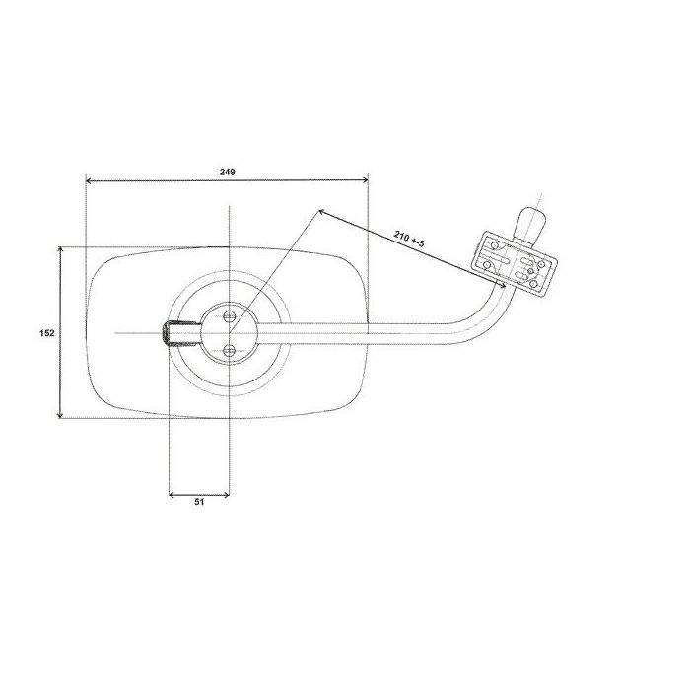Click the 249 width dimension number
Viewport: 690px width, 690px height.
click(228, 172)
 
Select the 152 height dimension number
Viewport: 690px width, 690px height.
click(47, 333)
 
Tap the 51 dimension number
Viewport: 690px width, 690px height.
click(199, 501)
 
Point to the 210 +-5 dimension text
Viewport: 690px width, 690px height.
click(409, 239)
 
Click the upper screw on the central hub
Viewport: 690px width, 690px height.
click(230, 316)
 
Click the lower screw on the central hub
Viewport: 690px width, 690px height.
click(230, 350)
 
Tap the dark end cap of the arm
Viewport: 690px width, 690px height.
click(166, 333)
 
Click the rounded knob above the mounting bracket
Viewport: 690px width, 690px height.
click(531, 225)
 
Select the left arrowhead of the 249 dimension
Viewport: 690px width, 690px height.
click(89, 180)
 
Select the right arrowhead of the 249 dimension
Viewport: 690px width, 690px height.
click(365, 180)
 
